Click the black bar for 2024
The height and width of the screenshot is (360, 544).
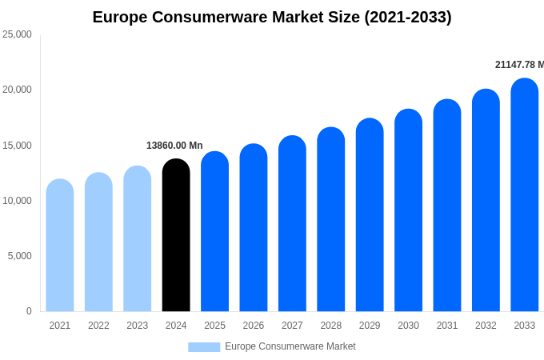(176, 236)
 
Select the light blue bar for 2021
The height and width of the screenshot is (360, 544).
(60, 246)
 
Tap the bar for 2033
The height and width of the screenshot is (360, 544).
(525, 195)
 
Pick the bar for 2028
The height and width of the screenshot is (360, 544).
(331, 220)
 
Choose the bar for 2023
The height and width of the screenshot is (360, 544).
(138, 239)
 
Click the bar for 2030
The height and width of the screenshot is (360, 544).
(408, 211)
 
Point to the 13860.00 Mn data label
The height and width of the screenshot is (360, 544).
(174, 146)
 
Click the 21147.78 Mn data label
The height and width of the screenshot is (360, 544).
(518, 65)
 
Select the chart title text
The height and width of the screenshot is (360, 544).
(272, 17)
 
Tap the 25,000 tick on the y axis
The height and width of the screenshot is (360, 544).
(18, 34)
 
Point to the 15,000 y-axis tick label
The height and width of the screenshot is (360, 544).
(18, 146)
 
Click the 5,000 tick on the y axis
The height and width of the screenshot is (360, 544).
(20, 256)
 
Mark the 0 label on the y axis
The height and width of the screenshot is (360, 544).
(29, 311)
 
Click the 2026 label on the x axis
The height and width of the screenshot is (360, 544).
(254, 326)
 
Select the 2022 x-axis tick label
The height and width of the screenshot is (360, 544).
(98, 326)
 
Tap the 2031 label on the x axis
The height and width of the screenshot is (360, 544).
(447, 326)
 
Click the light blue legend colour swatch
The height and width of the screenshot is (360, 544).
(204, 347)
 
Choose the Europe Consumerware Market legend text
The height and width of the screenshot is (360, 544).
(290, 346)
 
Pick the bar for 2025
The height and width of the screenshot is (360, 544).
(214, 232)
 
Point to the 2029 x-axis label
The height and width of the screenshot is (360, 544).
(370, 326)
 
